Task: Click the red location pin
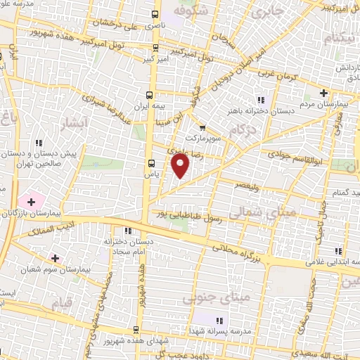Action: (x=181, y=166)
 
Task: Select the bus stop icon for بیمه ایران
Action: (x=149, y=94)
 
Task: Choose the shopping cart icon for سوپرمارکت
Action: (x=202, y=128)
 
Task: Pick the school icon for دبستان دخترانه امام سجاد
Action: (x=127, y=231)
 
